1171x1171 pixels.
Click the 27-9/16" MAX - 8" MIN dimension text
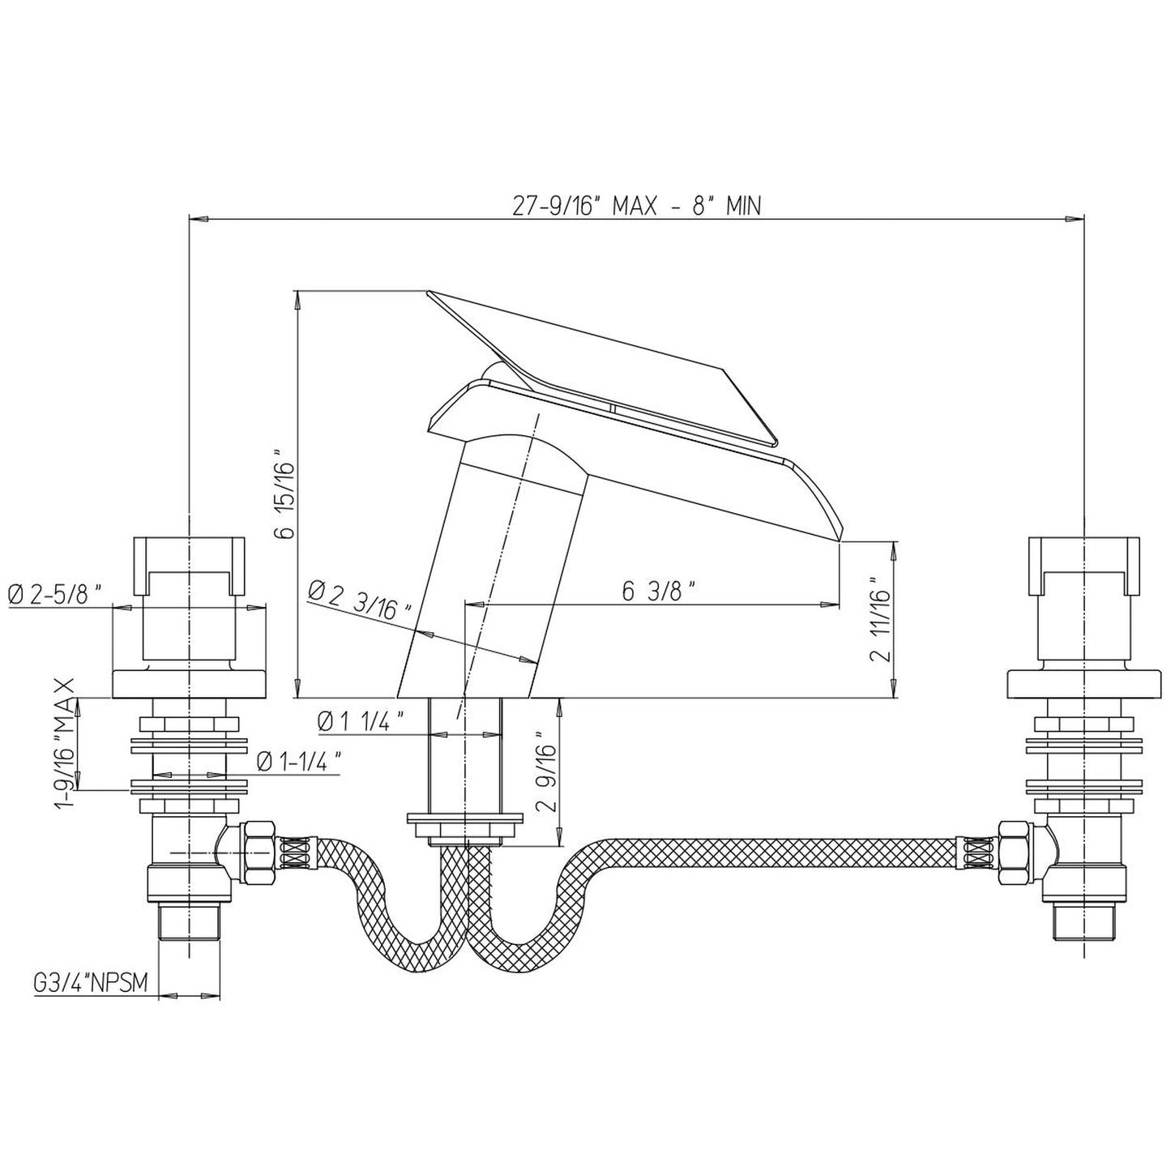(637, 207)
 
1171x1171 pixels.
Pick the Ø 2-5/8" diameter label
(54, 594)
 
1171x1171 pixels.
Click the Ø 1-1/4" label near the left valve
(298, 761)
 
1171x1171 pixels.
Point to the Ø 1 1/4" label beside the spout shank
(361, 721)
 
